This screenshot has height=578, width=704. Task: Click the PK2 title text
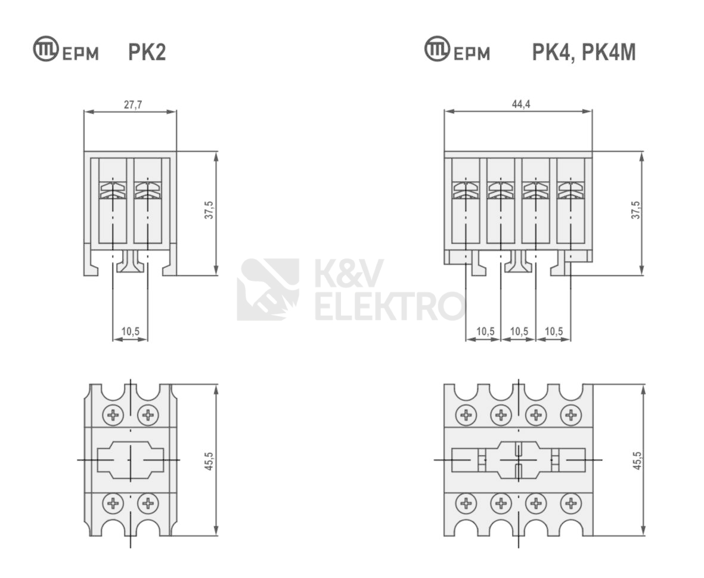pos(147,53)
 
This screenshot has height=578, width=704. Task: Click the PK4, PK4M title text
pos(584,53)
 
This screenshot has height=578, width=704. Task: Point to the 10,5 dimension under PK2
pos(131,332)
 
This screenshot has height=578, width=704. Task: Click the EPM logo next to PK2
pos(66,51)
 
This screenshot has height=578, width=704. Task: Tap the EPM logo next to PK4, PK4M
pos(457,51)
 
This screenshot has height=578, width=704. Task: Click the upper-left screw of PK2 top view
pos(113,414)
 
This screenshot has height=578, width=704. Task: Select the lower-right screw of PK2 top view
pos(147,504)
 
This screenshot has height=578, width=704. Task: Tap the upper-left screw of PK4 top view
pos(466,415)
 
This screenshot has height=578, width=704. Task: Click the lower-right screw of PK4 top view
pos(571,505)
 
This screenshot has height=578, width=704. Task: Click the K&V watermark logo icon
pos(268,289)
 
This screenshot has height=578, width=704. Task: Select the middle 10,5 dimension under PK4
pos(519,332)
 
